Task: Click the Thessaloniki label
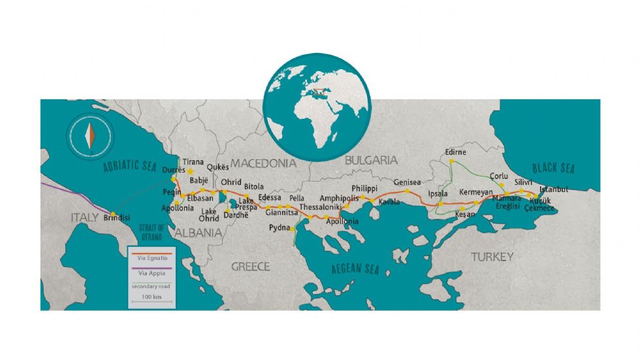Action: tap(321, 207)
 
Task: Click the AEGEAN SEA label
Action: tap(355, 269)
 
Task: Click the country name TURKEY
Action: tap(492, 257)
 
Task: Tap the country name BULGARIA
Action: tap(371, 159)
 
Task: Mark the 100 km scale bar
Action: tap(151, 303)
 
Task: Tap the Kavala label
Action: tap(389, 202)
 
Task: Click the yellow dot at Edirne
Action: tap(451, 161)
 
